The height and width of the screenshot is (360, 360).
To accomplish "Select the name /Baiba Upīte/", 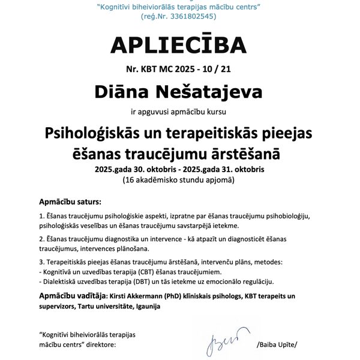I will (x=277, y=345).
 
